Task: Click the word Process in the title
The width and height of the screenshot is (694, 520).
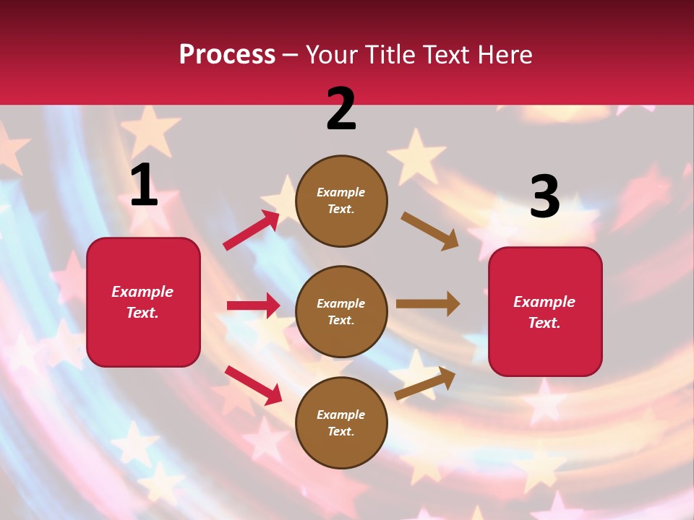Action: point(227,55)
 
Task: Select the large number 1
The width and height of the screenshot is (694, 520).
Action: point(144,186)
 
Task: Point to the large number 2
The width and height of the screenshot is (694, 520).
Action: point(341,109)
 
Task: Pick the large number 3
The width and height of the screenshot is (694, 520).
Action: point(544,197)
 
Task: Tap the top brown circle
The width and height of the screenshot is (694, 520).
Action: point(341,201)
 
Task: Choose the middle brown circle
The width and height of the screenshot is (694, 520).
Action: point(341,312)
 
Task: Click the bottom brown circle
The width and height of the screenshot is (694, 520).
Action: point(341,423)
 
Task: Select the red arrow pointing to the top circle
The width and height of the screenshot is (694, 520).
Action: point(252,230)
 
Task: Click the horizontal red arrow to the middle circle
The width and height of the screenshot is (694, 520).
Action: point(253,305)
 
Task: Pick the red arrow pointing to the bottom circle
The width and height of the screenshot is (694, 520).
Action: point(253,385)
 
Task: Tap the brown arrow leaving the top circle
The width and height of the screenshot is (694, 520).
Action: point(429,230)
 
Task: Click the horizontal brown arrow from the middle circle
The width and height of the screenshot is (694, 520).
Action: point(428,304)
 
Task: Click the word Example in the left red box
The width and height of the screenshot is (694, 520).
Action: point(142,292)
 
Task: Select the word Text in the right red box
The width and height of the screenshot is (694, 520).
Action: point(544,323)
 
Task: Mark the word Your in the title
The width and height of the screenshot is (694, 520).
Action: point(332,55)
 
